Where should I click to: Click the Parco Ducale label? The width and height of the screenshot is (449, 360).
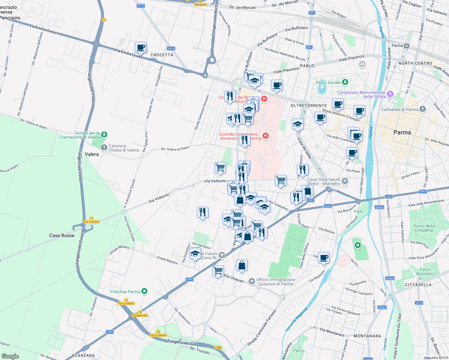pos(328,82)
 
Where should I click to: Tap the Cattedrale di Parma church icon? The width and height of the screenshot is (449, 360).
pos(423,109)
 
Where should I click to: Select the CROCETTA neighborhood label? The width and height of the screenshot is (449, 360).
pos(162,55)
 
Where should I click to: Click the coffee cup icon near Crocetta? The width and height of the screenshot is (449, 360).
pos(140,47)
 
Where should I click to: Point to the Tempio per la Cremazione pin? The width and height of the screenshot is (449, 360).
pos(104,134)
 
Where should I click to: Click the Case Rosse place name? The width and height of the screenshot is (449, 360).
pos(62,235)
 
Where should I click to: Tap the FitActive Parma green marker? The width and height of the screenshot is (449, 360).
pos(144,291)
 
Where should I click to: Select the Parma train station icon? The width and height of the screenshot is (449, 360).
pos(407,46)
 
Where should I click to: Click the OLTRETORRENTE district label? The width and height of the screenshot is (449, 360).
pos(309,106)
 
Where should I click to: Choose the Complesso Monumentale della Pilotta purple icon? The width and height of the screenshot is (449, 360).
pos(390,94)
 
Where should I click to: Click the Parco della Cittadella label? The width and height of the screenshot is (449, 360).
pos(424,228)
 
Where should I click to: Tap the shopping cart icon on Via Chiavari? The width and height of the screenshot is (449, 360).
pos(218,271)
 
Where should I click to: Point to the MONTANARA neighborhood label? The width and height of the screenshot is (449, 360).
pos(367,336)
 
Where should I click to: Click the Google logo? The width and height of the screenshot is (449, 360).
pos(10,356)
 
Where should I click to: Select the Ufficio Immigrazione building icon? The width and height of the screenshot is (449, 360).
pos(252,282)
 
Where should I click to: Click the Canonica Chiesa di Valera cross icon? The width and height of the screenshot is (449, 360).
pos(104,147)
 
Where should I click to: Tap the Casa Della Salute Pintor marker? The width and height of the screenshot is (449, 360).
pos(345,181)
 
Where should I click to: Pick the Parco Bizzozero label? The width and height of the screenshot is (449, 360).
pos(425,271)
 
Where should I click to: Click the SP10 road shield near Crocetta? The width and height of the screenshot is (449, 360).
pos(171,48)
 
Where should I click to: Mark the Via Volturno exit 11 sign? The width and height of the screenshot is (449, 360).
pos(92,220)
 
